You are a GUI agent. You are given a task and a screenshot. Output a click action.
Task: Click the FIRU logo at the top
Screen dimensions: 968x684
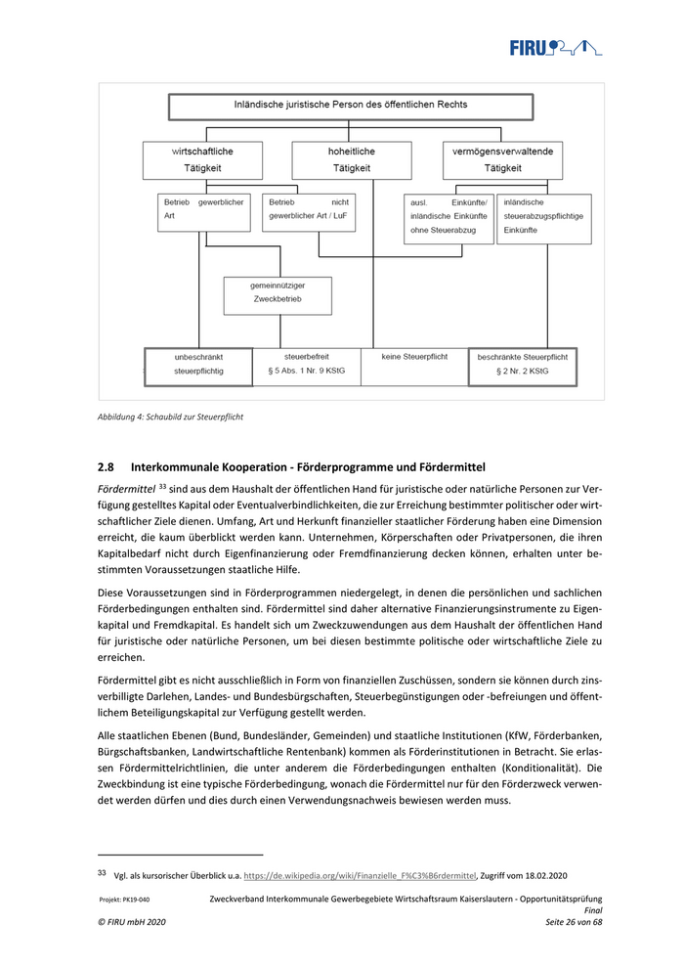tap(554, 46)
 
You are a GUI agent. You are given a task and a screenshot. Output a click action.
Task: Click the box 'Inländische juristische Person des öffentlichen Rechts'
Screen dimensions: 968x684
tap(350, 105)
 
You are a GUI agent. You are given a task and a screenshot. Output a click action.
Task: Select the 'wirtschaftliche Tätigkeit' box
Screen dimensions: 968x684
tap(203, 159)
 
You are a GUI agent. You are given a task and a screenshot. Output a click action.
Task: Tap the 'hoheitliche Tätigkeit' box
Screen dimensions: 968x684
tap(351, 159)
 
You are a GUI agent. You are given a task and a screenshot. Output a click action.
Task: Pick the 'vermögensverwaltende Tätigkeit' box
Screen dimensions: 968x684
tap(502, 159)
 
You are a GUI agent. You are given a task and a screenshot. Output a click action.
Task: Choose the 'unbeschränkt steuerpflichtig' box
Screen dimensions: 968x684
tap(198, 365)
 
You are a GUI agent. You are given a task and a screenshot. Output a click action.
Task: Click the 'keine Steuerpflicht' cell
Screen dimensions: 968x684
tap(415, 358)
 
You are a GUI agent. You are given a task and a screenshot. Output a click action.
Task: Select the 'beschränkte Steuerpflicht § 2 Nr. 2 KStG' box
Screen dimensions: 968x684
tap(522, 365)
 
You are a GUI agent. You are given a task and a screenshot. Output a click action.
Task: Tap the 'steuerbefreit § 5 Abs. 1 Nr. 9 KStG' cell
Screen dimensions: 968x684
tap(307, 365)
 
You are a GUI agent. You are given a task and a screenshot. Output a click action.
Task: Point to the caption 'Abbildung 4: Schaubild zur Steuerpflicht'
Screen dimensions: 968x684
tap(170, 418)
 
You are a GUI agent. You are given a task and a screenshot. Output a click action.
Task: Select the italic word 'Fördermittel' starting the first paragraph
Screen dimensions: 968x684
tap(126, 487)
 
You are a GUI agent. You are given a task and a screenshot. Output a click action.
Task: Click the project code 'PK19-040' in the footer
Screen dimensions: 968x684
tap(137, 900)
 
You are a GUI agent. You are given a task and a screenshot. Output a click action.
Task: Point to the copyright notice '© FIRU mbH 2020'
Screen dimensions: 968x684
tap(132, 923)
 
